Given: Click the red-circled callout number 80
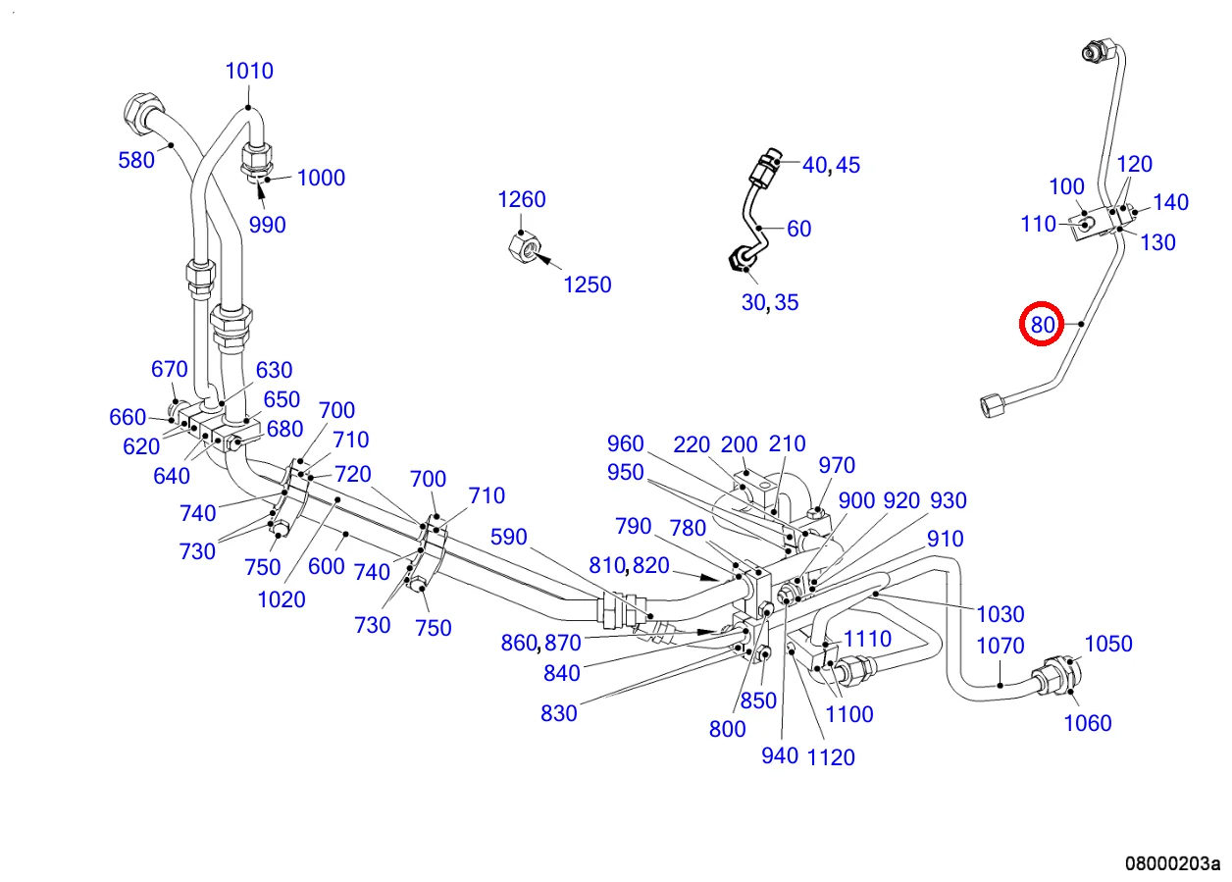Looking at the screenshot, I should pyautogui.click(x=1041, y=324).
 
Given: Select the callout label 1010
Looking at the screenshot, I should pyautogui.click(x=249, y=71).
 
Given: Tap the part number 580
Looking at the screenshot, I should pyautogui.click(x=136, y=160).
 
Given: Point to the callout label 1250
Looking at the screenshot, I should pyautogui.click(x=587, y=285).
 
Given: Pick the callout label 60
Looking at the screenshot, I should pyautogui.click(x=799, y=229).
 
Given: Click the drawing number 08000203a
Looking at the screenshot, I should pyautogui.click(x=1171, y=864).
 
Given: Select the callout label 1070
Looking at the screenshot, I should pyautogui.click(x=1001, y=646).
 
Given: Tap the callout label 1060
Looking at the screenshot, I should pyautogui.click(x=1088, y=723).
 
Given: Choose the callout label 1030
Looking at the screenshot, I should pyautogui.click(x=1001, y=614).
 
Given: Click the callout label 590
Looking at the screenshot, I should pyautogui.click(x=508, y=537).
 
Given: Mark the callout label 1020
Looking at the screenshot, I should pyautogui.click(x=282, y=599).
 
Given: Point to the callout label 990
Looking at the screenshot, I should pyautogui.click(x=267, y=225).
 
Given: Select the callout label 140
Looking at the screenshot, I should pyautogui.click(x=1170, y=202).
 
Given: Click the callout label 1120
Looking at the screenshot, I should pyautogui.click(x=830, y=756).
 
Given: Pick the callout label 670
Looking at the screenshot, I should pyautogui.click(x=169, y=369).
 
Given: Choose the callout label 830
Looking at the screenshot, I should pyautogui.click(x=558, y=713).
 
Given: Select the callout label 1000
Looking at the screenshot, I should pyautogui.click(x=321, y=178).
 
